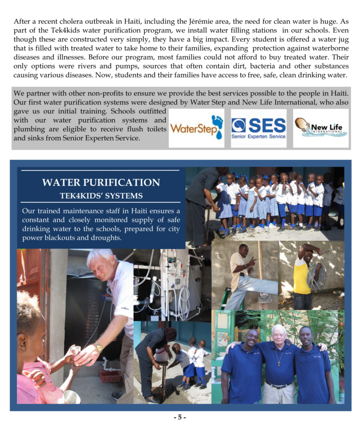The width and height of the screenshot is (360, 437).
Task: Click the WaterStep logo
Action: (x=196, y=128)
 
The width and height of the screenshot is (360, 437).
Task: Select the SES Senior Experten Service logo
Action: (x=258, y=128)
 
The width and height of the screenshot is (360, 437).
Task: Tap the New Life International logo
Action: (x=321, y=127)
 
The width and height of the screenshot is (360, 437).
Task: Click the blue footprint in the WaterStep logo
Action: (x=217, y=126)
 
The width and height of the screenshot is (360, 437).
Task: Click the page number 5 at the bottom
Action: (x=180, y=417)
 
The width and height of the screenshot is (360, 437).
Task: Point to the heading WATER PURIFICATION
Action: (x=101, y=183)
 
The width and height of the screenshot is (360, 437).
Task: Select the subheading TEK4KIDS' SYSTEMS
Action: (x=101, y=195)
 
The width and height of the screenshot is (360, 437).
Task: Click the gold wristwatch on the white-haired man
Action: (x=98, y=347)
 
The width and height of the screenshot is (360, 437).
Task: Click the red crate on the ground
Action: (x=110, y=376)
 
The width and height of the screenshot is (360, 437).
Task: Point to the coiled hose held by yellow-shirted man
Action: (x=316, y=275)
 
